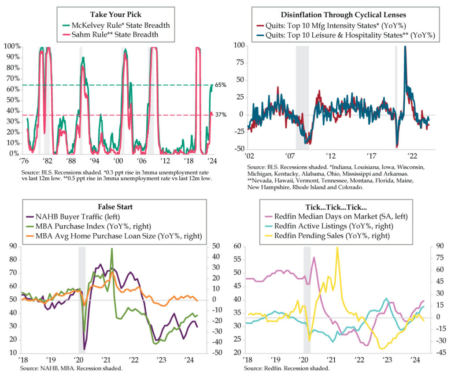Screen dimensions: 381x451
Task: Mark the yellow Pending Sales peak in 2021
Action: click(337, 247)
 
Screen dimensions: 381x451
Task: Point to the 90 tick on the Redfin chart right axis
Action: click(441, 247)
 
